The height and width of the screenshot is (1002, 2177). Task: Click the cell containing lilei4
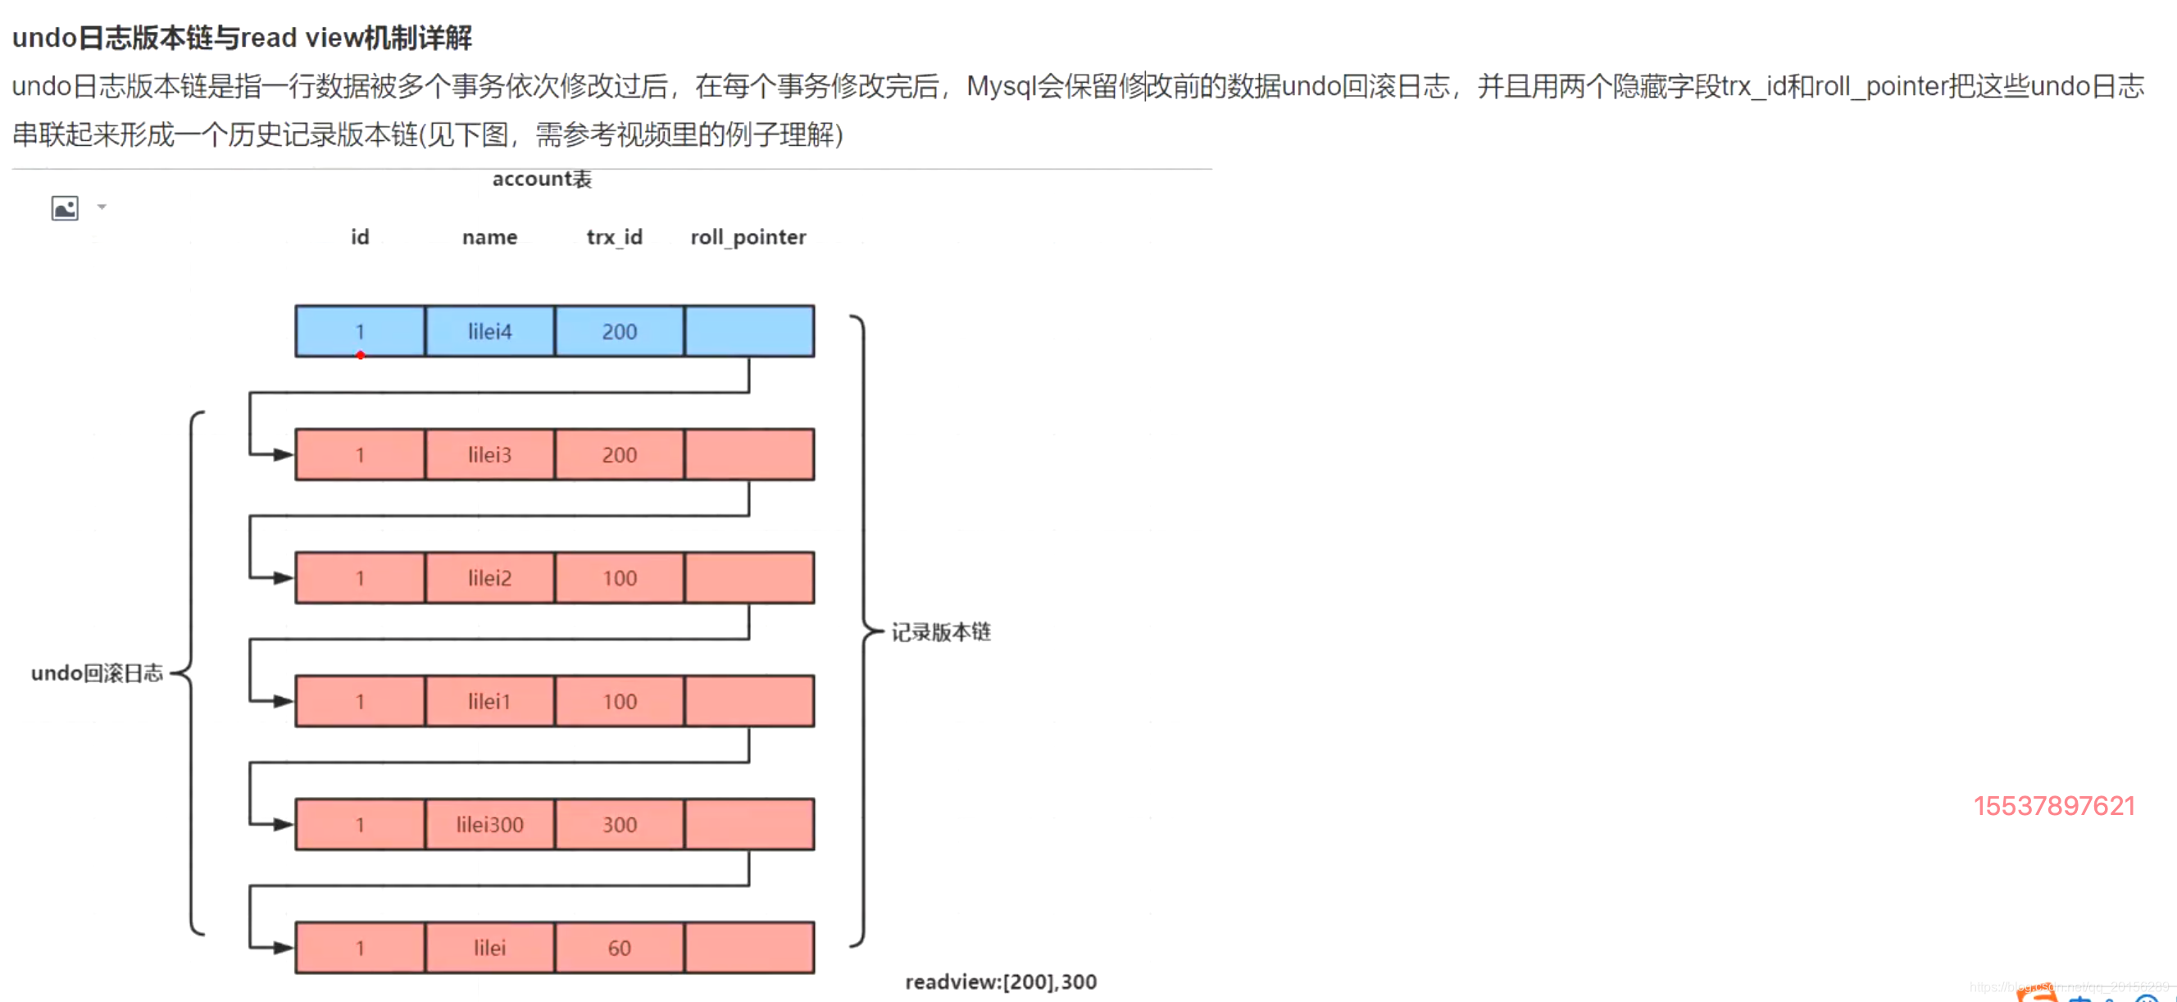click(x=490, y=331)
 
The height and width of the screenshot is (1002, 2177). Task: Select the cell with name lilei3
click(x=490, y=455)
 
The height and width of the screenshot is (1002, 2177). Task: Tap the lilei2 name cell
click(x=490, y=578)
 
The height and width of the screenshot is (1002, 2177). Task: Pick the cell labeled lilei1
click(x=490, y=702)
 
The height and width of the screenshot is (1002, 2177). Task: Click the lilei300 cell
click(x=490, y=824)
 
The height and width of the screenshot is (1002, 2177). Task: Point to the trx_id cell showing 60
click(x=620, y=948)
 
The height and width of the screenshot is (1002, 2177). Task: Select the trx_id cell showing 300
click(x=620, y=824)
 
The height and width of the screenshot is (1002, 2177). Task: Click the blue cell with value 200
click(x=620, y=331)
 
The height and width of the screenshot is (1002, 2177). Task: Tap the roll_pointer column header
click(x=748, y=238)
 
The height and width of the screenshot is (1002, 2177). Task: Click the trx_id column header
click(x=615, y=238)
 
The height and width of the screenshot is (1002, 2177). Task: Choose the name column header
click(x=489, y=238)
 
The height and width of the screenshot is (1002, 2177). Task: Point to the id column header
click(x=360, y=238)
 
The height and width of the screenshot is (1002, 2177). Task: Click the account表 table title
click(x=542, y=180)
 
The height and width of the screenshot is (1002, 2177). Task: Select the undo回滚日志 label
click(x=97, y=673)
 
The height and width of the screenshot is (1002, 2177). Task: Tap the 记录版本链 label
click(x=941, y=632)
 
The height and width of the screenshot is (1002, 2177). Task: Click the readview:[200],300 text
click(x=1001, y=982)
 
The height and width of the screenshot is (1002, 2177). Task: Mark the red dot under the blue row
click(x=361, y=355)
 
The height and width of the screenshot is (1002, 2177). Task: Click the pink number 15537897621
click(x=2053, y=806)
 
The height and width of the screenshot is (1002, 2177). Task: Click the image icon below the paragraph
click(x=65, y=208)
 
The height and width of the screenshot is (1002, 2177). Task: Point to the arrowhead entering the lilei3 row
click(x=283, y=455)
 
